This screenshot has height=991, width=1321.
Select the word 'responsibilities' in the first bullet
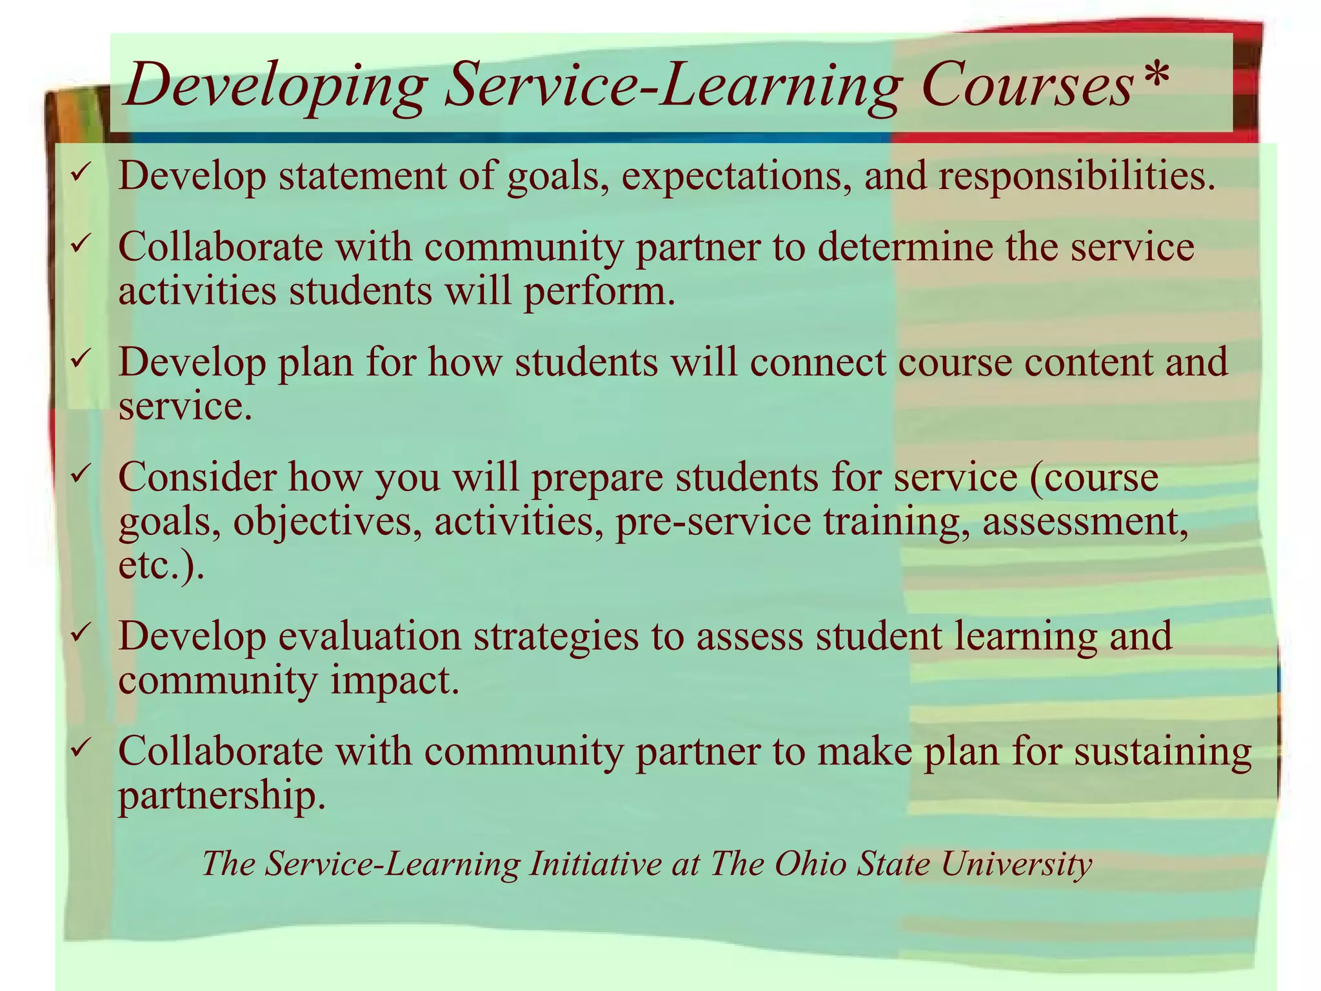click(x=1077, y=175)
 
